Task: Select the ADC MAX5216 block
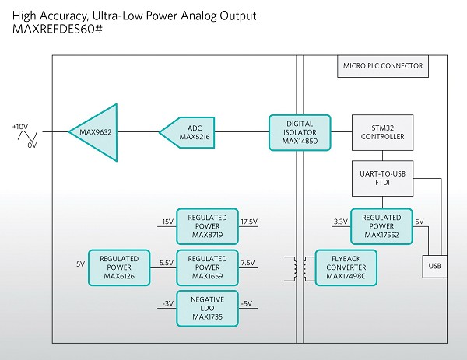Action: [x=188, y=133]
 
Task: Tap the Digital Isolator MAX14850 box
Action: [x=300, y=132]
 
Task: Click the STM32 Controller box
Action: [x=378, y=132]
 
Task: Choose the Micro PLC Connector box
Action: [x=384, y=66]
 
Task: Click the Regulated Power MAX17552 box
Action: [x=381, y=226]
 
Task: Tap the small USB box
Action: [x=433, y=267]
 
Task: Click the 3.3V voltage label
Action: [x=340, y=222]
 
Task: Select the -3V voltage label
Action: [x=167, y=303]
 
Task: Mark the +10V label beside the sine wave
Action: [x=21, y=124]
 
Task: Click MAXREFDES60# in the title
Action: [x=57, y=30]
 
